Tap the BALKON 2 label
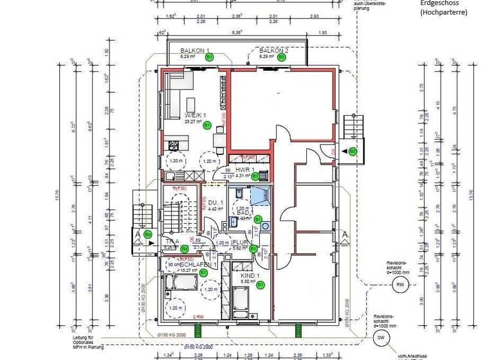(273, 50)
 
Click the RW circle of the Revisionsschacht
(399, 286)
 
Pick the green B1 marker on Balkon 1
(210, 57)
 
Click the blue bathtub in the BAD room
(261, 197)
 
